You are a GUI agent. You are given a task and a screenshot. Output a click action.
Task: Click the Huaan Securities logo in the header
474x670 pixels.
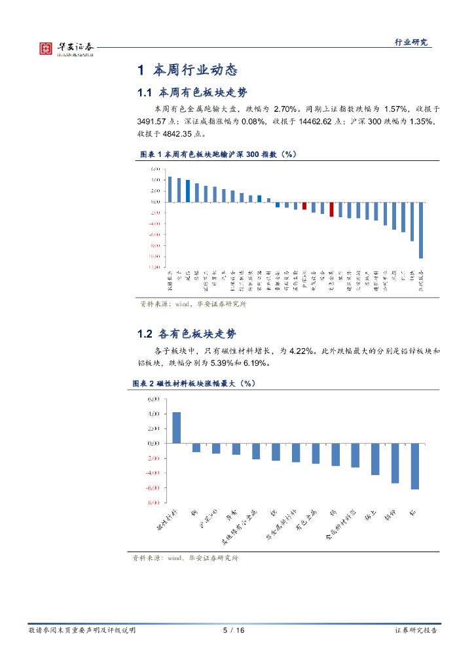[x=65, y=48]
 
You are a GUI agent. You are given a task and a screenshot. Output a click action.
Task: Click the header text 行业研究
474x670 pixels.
[x=410, y=42]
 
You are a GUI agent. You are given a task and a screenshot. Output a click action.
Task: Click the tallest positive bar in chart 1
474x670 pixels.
[x=170, y=189]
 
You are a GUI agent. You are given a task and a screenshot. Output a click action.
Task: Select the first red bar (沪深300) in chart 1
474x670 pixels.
[x=304, y=205]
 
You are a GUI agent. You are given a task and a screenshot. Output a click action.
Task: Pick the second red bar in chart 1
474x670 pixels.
[x=331, y=209]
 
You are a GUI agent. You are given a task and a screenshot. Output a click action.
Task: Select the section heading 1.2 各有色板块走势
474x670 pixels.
[x=187, y=334]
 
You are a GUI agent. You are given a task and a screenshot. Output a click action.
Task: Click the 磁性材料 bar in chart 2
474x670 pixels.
[x=176, y=427]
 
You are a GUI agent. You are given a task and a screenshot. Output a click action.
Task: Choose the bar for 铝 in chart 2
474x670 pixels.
[x=414, y=466]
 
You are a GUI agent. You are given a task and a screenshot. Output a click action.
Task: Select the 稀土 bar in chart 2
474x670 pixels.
[x=375, y=459]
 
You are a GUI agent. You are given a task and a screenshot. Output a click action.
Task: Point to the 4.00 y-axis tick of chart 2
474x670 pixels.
[x=154, y=414]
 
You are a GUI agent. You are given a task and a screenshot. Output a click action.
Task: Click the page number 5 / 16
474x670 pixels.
[x=234, y=630]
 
